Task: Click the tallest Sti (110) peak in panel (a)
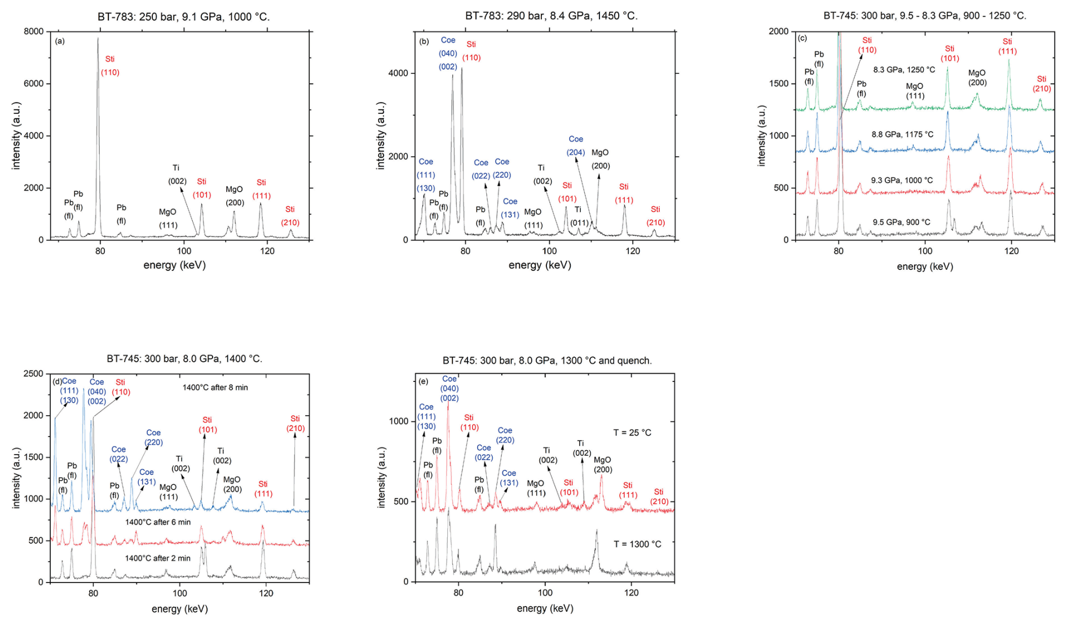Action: coord(98,39)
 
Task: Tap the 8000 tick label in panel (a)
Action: coord(33,32)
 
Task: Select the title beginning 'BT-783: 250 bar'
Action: coord(183,17)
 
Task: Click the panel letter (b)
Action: coord(424,41)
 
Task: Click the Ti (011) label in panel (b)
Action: coord(579,216)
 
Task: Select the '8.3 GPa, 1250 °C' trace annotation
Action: coord(904,70)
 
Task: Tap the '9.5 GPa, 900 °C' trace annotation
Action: coord(901,222)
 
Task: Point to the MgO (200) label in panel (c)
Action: coord(977,78)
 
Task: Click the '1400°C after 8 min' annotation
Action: coord(215,388)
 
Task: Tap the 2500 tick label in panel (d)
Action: coord(33,374)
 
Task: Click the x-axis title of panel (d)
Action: coord(179,608)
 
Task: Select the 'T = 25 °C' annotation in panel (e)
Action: coord(632,433)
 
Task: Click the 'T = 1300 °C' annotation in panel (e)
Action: coord(637,544)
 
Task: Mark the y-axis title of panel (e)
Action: coord(382,478)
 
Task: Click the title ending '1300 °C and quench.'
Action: coord(546,361)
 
